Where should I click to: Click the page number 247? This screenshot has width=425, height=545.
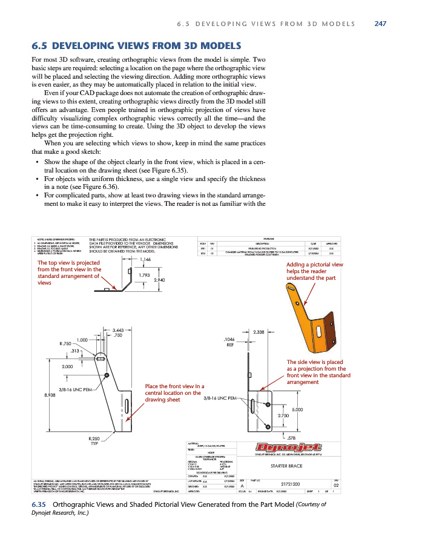point(380,24)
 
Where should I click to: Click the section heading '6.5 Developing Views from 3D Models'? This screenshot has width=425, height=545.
point(136,46)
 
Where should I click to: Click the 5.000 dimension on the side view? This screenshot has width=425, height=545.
point(297,410)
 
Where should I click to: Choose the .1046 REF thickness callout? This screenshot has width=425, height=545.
point(230,342)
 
